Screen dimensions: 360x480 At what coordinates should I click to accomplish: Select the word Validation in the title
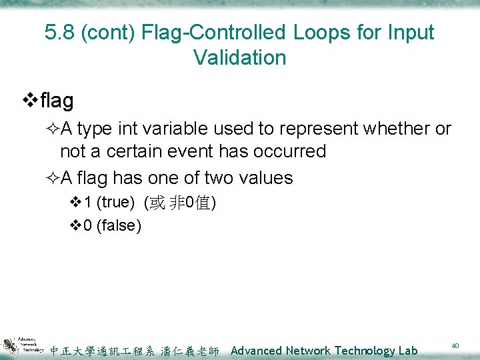click(240, 57)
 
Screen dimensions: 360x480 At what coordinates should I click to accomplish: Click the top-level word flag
click(57, 101)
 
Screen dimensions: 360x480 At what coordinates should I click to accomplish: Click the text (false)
click(119, 226)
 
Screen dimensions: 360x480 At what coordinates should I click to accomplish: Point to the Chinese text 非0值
click(195, 203)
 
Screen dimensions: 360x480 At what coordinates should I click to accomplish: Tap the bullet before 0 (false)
click(75, 226)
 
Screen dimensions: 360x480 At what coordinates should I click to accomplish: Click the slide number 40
click(455, 345)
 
